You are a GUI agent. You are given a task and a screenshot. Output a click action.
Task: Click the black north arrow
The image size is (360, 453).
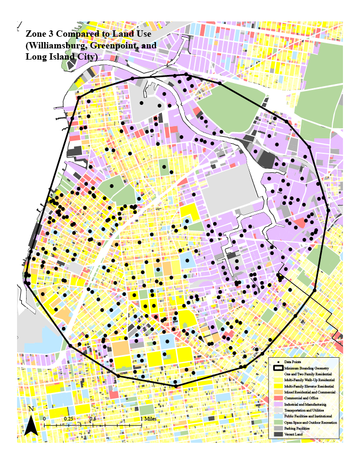coord(31,426)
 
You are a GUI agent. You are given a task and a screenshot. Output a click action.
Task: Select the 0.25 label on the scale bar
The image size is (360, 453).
coord(68,418)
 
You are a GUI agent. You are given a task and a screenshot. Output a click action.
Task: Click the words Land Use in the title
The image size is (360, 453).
coord(131,35)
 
